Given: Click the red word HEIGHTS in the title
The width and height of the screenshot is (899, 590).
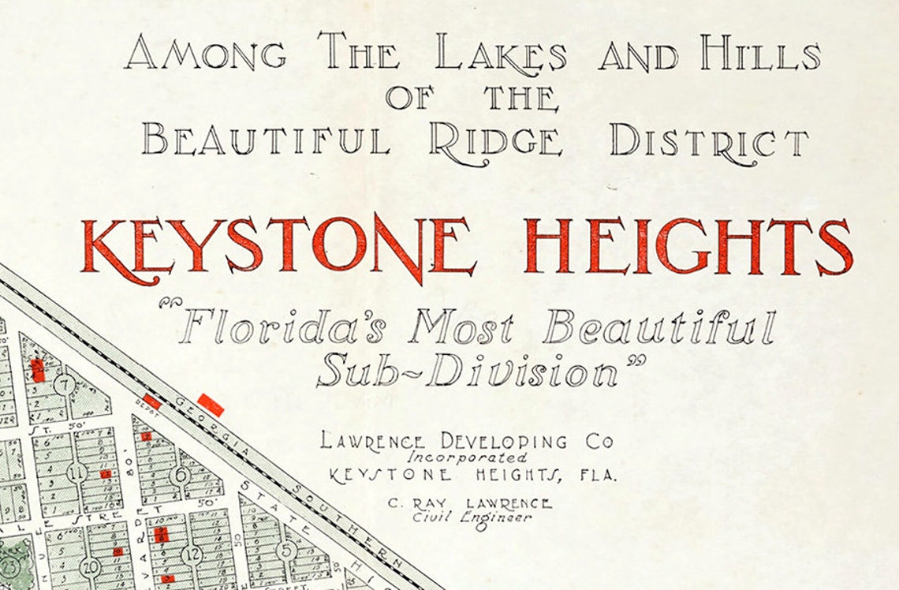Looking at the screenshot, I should pyautogui.click(x=688, y=246).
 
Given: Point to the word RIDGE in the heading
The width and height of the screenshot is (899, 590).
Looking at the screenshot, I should pyautogui.click(x=496, y=143).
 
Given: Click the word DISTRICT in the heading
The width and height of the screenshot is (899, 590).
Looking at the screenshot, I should pyautogui.click(x=708, y=143).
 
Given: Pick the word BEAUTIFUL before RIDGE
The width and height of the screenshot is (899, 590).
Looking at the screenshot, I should pyautogui.click(x=266, y=143).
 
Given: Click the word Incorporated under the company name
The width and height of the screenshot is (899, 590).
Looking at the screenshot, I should pyautogui.click(x=468, y=457).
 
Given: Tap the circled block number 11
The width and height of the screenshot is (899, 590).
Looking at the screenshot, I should pyautogui.click(x=76, y=473).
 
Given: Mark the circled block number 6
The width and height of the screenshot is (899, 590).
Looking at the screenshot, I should pyautogui.click(x=181, y=474).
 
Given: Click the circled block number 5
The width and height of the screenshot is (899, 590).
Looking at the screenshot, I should pyautogui.click(x=286, y=549).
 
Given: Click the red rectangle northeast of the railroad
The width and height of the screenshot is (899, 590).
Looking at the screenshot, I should pyautogui.click(x=211, y=405).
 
